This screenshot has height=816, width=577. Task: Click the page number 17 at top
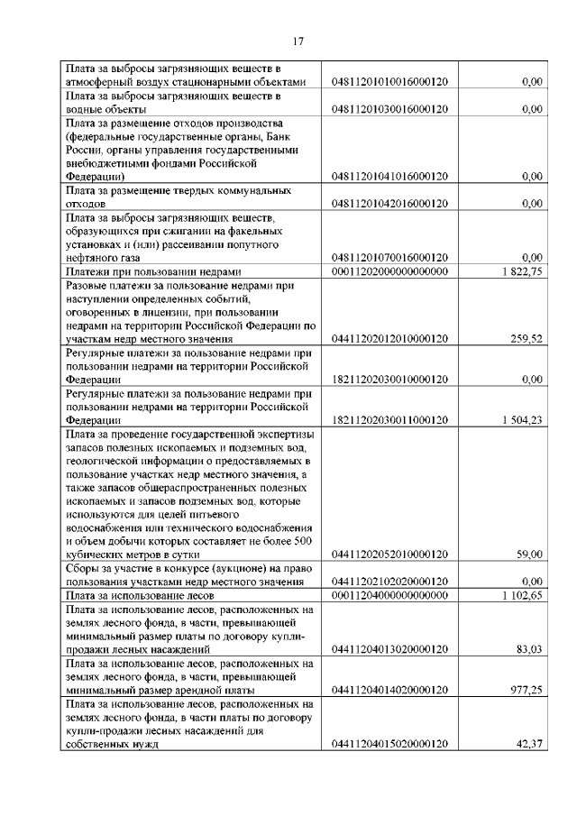tap(299, 41)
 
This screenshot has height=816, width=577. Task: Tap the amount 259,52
tap(525, 339)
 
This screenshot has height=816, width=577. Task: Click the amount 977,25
tap(525, 689)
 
